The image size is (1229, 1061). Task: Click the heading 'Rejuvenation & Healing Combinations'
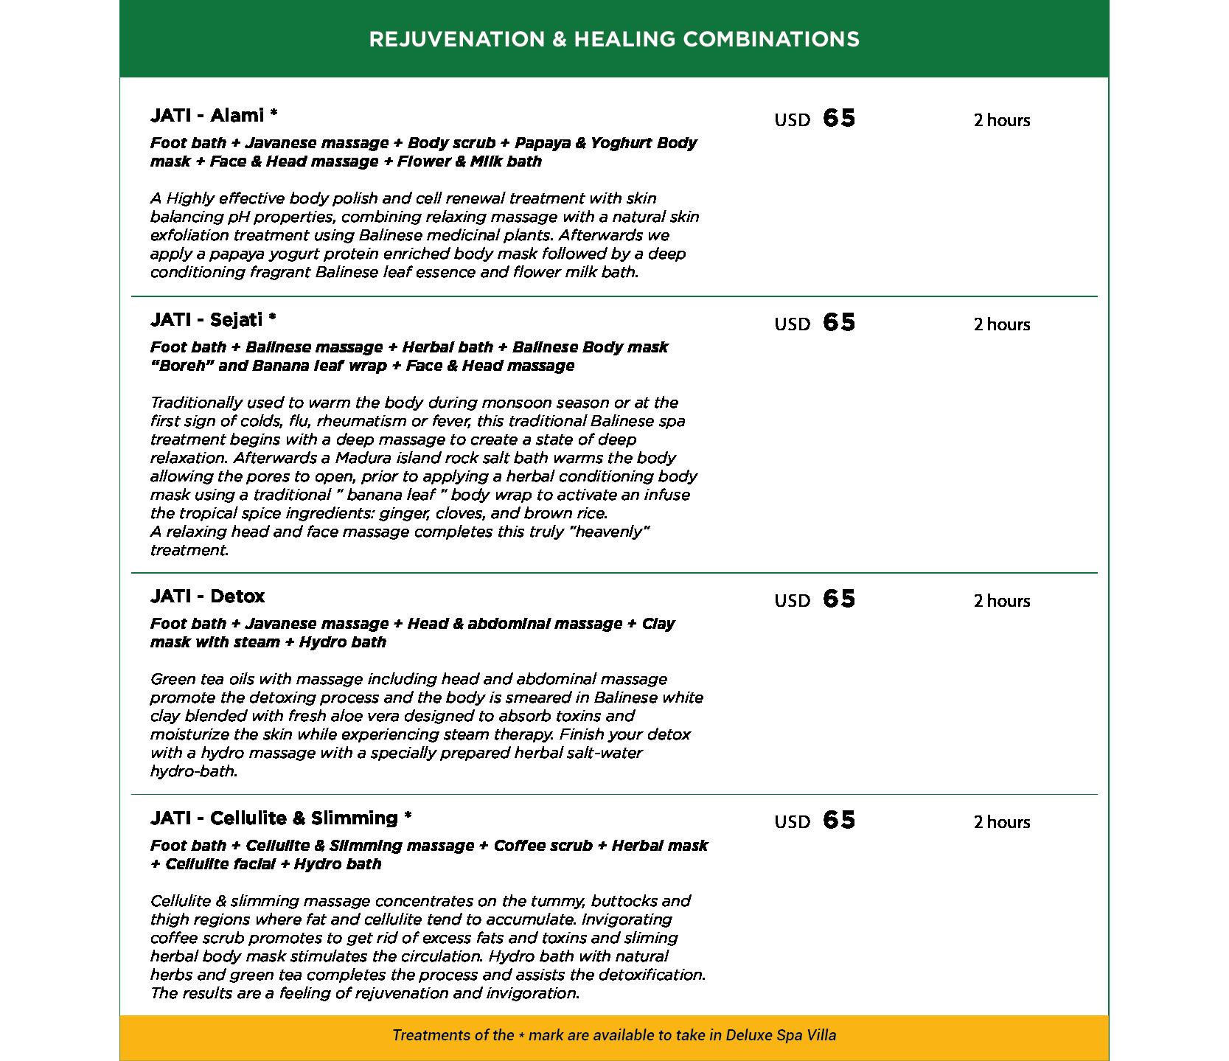tap(613, 39)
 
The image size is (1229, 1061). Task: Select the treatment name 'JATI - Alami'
tap(206, 116)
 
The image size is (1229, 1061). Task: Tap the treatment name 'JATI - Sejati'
tap(206, 320)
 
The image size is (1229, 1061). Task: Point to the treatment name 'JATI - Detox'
tap(207, 596)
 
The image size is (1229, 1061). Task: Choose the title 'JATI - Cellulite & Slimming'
tap(274, 818)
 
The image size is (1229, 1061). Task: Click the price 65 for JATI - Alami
tap(839, 119)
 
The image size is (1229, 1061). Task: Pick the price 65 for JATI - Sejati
tap(839, 323)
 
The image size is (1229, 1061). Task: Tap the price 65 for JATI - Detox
tap(839, 599)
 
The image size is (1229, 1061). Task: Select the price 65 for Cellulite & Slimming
tap(839, 821)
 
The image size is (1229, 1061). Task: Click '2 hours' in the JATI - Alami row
tap(1001, 120)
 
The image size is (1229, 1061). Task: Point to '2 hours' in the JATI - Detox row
tap(1001, 601)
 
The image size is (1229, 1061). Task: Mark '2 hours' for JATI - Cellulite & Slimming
tap(1001, 822)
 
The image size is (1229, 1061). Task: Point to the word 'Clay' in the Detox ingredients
tap(658, 624)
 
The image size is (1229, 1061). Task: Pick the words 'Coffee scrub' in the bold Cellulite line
tap(543, 846)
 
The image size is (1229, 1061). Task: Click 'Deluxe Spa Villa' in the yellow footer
tap(781, 1035)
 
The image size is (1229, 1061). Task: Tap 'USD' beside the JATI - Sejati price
tap(792, 324)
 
